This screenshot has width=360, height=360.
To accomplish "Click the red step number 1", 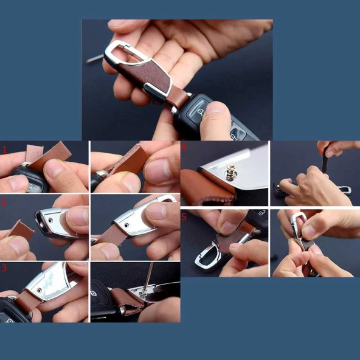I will (4, 149).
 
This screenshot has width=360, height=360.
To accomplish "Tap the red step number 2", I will (4, 201).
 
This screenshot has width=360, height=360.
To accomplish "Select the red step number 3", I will (4, 267).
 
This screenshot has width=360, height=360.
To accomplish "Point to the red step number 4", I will (184, 148).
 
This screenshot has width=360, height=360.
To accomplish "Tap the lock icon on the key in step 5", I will (258, 215).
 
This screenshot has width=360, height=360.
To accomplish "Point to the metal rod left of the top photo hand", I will (94, 58).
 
